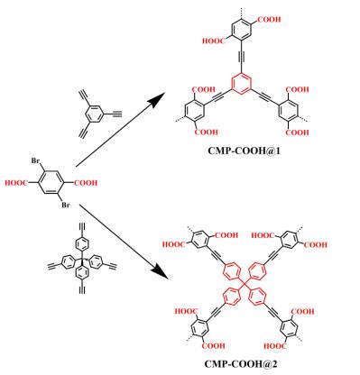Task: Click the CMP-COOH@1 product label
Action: pyautogui.click(x=244, y=151)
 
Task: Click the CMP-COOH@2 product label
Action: pyautogui.click(x=241, y=364)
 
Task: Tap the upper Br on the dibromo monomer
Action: pyautogui.click(x=36, y=160)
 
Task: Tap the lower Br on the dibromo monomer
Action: pyautogui.click(x=66, y=205)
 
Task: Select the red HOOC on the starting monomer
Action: pyautogui.click(x=16, y=183)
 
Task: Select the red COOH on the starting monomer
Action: pyautogui.click(x=86, y=183)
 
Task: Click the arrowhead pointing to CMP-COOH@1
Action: pyautogui.click(x=158, y=99)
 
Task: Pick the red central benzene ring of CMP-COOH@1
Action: pyautogui.click(x=242, y=84)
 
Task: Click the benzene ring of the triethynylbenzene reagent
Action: pyautogui.click(x=94, y=114)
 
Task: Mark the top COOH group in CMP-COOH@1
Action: pyautogui.click(x=269, y=20)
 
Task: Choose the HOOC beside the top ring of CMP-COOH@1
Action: pyautogui.click(x=214, y=41)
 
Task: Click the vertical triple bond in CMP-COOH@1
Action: pyautogui.click(x=242, y=57)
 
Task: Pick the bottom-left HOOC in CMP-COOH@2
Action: pyautogui.click(x=187, y=312)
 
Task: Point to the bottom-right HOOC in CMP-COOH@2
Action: pyautogui.click(x=275, y=346)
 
